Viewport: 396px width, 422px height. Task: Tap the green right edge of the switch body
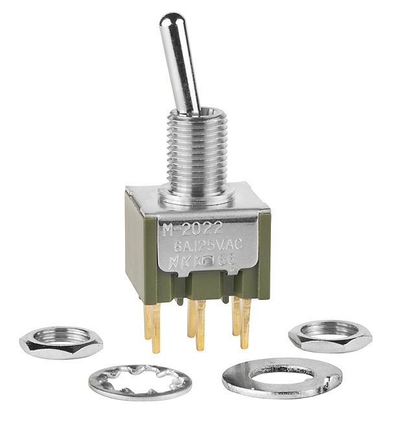(x=262, y=247)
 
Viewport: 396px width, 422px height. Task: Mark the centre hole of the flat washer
(x=282, y=373)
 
